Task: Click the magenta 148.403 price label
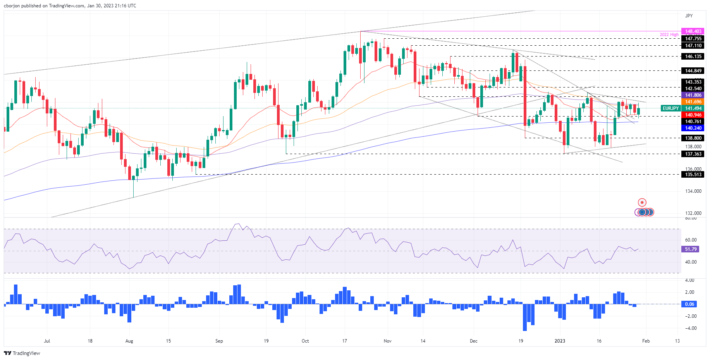pos(693,31)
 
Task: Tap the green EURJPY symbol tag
pos(670,108)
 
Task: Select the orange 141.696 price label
pos(693,102)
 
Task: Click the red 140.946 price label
pos(693,115)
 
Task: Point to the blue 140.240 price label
pos(693,128)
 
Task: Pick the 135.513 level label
pos(693,175)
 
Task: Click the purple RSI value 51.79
pos(690,249)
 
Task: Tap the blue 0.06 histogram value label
pos(689,304)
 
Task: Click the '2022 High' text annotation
pos(669,35)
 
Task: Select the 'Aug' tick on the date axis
pos(129,341)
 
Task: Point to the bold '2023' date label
pos(560,341)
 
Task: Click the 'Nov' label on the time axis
pos(387,341)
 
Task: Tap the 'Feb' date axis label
pos(646,341)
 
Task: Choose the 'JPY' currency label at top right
pos(689,16)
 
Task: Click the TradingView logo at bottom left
pos(22,353)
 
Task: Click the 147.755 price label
pos(693,39)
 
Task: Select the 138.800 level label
pos(693,138)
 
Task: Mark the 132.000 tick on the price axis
pos(693,213)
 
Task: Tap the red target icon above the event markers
pos(642,202)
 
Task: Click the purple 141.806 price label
pos(693,95)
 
